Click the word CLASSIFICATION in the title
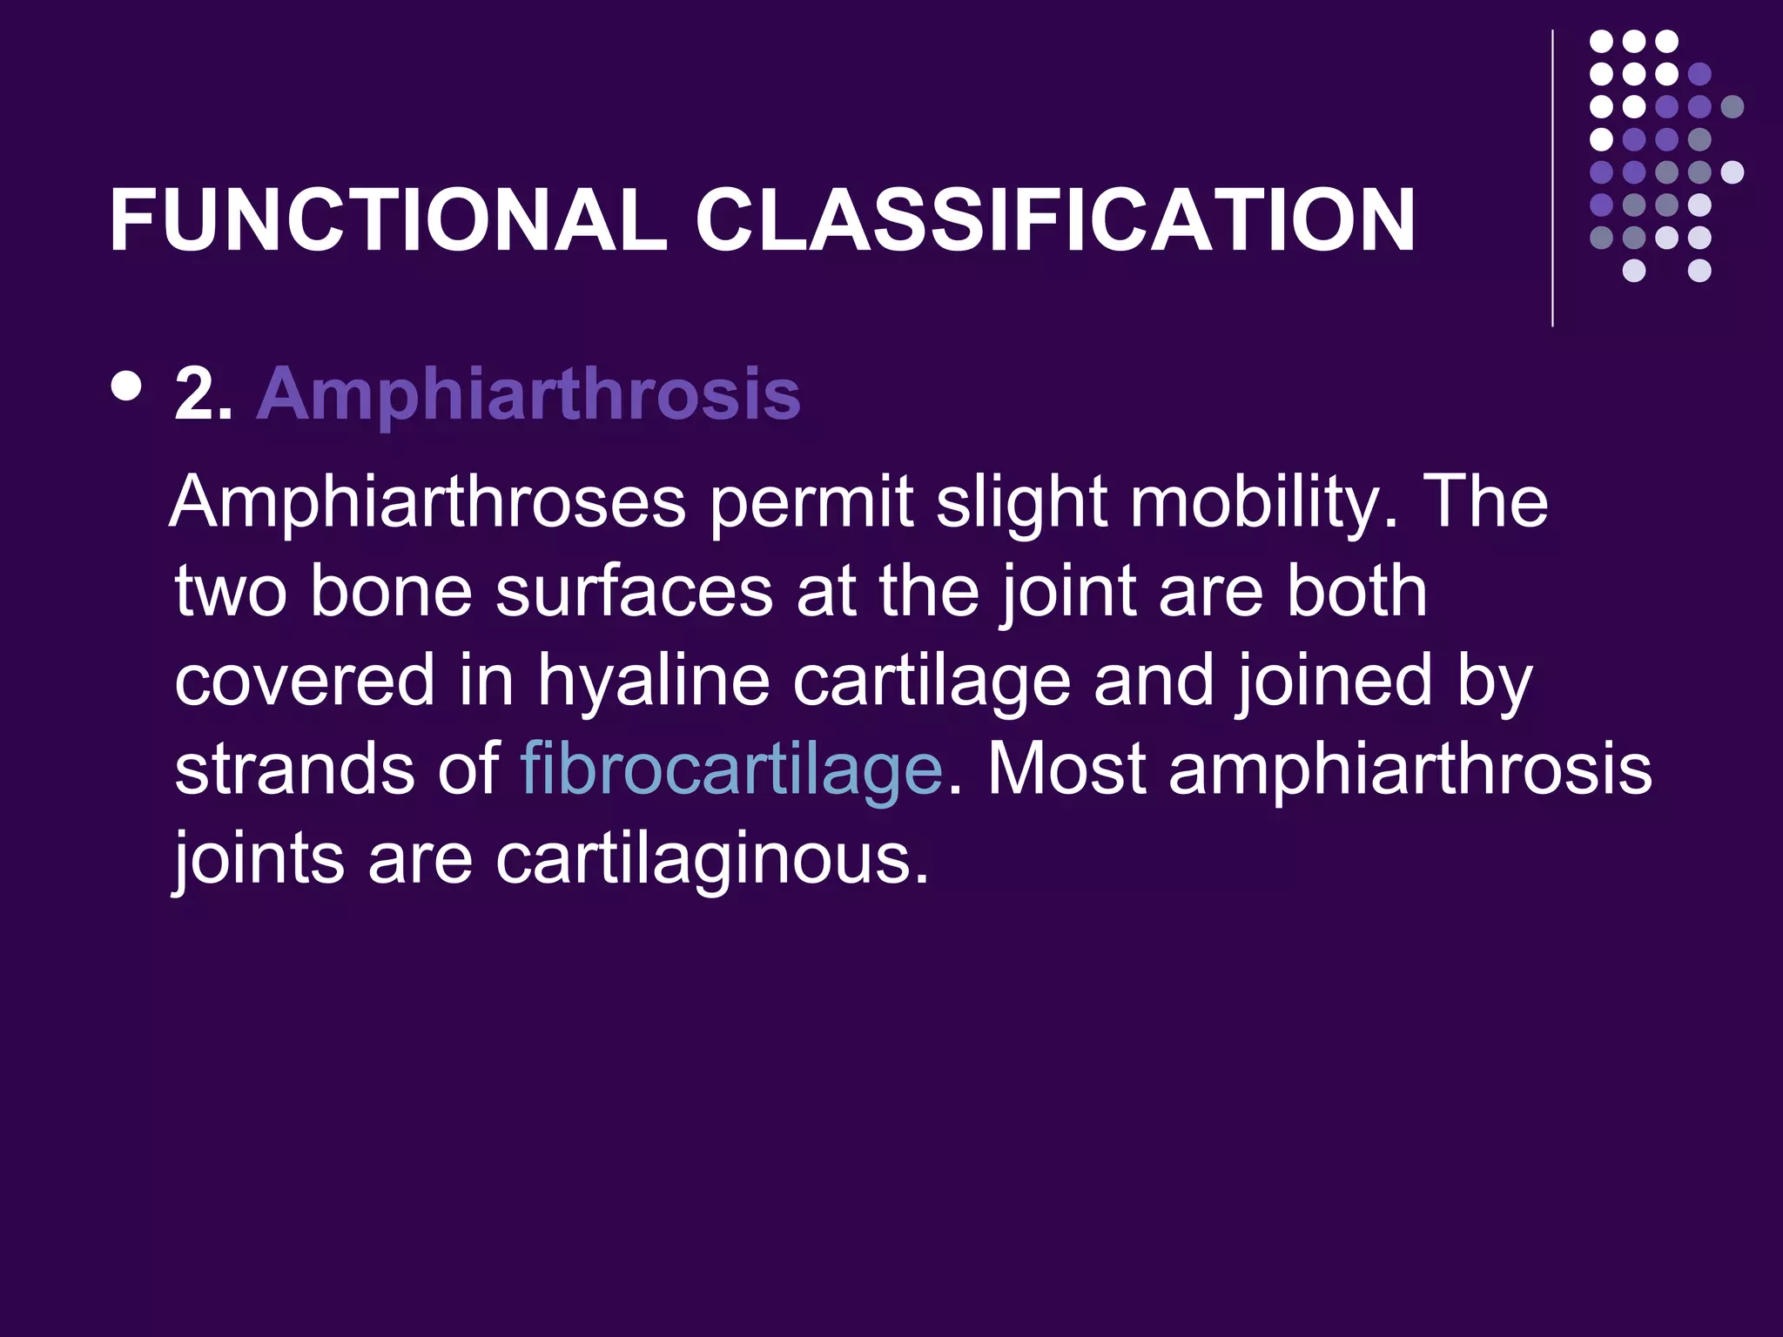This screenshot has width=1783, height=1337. pos(1055,221)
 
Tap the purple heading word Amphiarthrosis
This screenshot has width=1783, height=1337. pos(528,394)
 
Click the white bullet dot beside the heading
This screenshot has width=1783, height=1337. pos(127,386)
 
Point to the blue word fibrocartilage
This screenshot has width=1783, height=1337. pos(731,769)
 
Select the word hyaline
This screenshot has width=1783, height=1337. pos(653,680)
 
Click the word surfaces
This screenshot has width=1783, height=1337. pos(634,592)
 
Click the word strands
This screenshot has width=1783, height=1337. pos(294,769)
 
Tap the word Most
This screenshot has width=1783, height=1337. pos(1066,769)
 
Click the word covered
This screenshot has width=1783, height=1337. pos(304,680)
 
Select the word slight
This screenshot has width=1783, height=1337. pos(1021,504)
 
